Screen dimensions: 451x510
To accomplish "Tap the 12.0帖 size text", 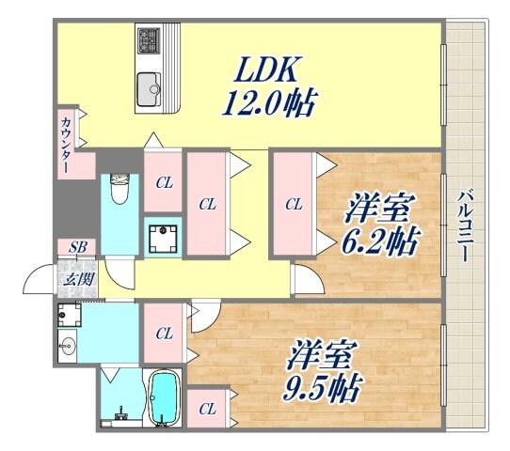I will point(269,101).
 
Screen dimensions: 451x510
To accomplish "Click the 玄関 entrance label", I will point(77,277).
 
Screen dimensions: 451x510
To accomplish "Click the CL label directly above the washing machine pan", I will point(164,182).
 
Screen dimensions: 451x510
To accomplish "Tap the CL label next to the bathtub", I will point(206,409).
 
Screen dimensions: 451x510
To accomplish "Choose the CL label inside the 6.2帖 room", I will point(294,203).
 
